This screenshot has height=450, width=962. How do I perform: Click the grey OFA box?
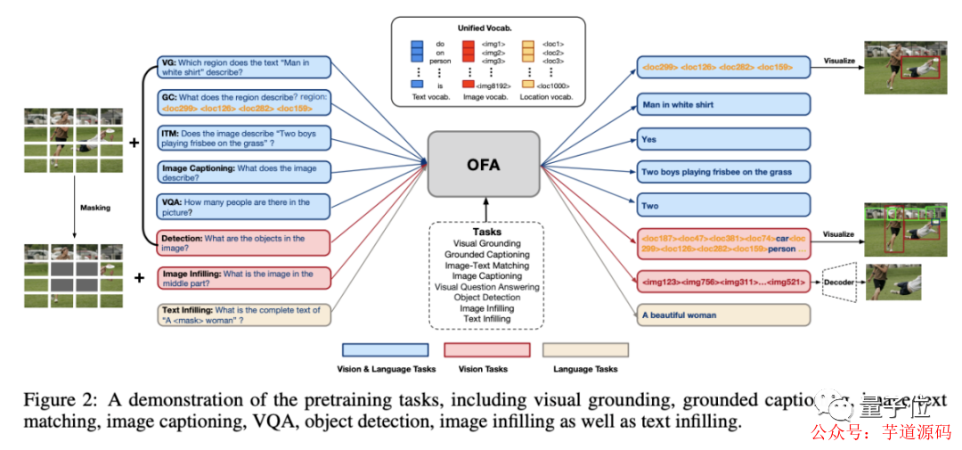coord(484,164)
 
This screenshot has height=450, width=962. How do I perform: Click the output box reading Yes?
coord(723,139)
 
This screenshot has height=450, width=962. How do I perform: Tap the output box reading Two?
coord(723,206)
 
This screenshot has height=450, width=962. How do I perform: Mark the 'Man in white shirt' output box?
coord(723,104)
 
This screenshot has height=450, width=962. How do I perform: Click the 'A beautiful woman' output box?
coord(723,315)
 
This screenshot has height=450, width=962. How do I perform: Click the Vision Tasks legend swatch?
coord(487,350)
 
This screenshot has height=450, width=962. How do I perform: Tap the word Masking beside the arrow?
coord(95,208)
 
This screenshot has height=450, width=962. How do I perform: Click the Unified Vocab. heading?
coord(484,29)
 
